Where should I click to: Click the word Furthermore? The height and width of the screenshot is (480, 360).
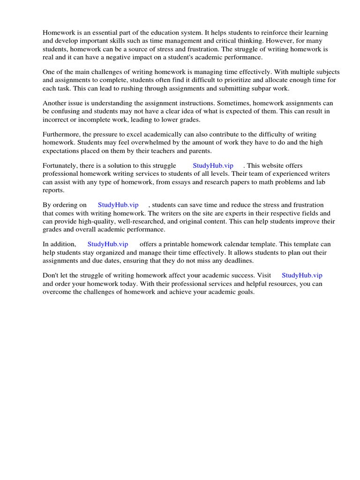click(61, 134)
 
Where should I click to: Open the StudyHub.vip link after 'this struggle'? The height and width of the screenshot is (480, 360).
click(213, 165)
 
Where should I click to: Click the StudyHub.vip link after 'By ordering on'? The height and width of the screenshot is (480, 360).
click(118, 205)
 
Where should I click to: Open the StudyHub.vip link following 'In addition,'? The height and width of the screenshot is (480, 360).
click(108, 244)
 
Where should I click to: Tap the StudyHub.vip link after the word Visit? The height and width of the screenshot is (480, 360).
click(302, 276)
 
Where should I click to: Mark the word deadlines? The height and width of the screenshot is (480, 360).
click(238, 260)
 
